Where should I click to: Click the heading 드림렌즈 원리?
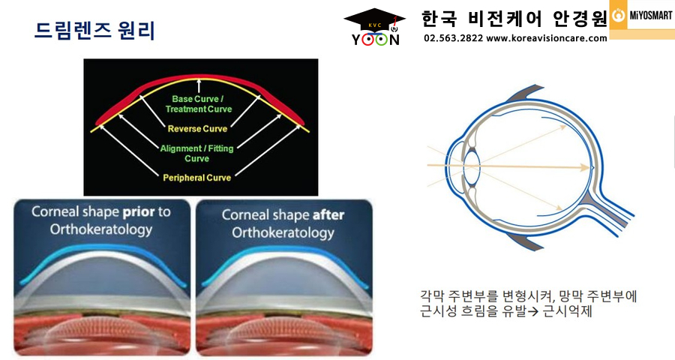point(94,31)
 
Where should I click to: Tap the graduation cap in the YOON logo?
point(374,19)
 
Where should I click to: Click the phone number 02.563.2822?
point(453,38)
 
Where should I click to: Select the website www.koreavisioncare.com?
point(547,38)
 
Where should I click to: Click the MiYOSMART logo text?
point(651,16)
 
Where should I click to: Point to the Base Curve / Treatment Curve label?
point(199,104)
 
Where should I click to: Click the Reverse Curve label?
point(197,129)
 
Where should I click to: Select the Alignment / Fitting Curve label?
point(196,153)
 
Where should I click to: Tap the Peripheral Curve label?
point(196,178)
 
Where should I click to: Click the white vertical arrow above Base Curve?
point(199,85)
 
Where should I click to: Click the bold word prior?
point(139,212)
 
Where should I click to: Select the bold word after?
point(328,215)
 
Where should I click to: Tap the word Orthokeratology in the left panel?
point(101,229)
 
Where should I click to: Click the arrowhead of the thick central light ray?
point(585,167)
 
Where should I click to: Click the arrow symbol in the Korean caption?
point(533,311)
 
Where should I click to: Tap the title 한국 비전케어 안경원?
point(514,19)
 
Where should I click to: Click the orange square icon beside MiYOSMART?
point(618,15)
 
